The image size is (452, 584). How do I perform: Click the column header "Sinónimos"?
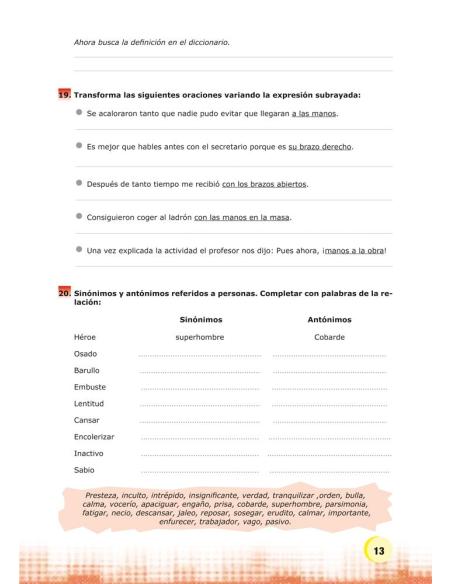[x=200, y=319]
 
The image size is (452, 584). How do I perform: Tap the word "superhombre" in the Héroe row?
[x=200, y=337]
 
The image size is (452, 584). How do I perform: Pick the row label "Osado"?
[x=85, y=354]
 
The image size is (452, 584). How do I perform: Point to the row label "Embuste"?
[x=89, y=386]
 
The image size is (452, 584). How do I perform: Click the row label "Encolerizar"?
[x=94, y=436]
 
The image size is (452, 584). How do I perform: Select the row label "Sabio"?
[x=84, y=469]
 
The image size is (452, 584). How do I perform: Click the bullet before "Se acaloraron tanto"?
[x=79, y=113]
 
